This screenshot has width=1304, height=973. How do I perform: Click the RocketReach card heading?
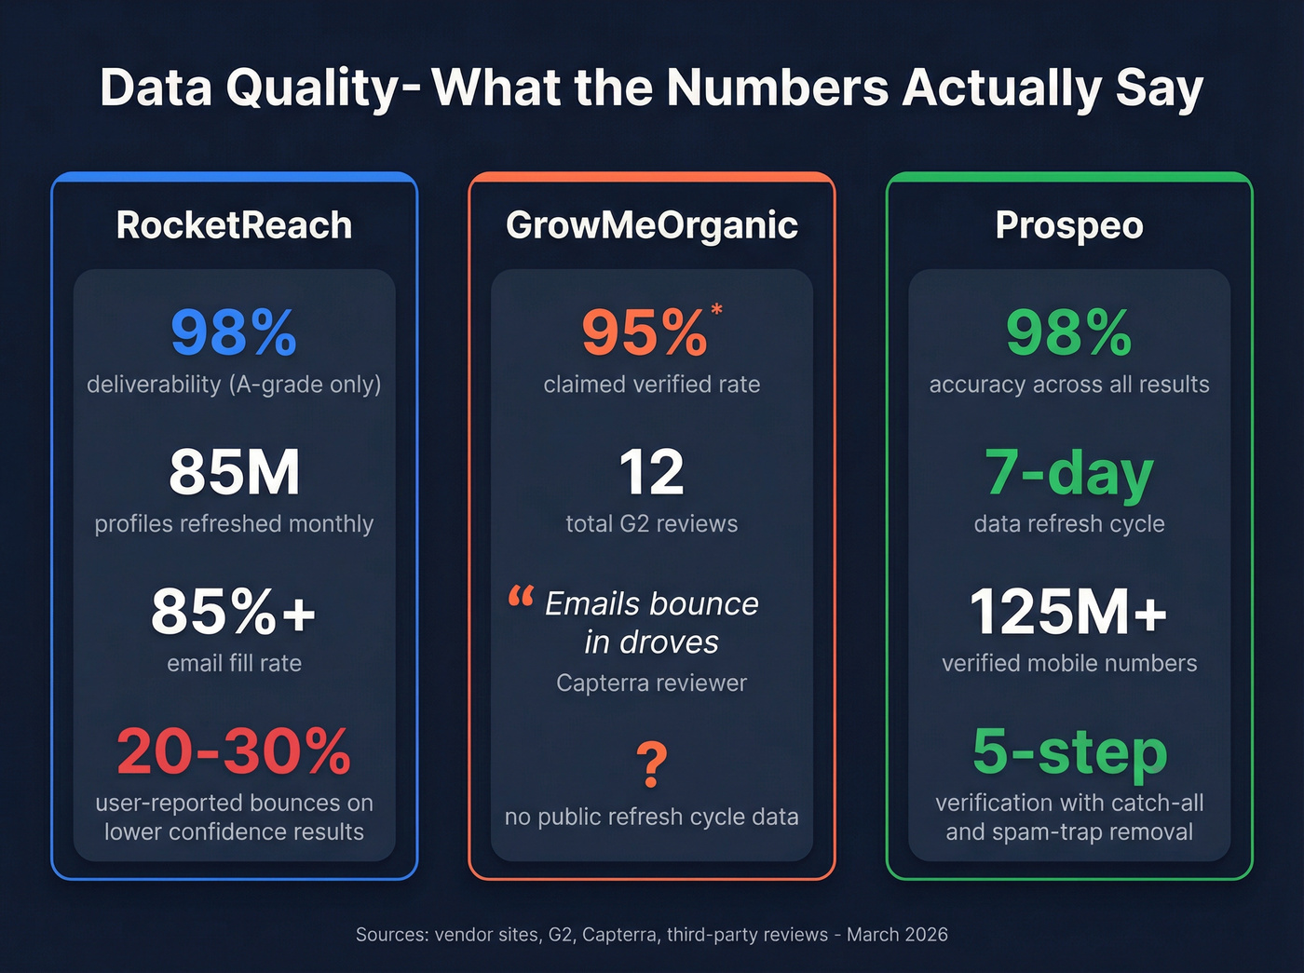click(x=234, y=225)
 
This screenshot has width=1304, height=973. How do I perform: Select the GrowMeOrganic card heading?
click(x=651, y=225)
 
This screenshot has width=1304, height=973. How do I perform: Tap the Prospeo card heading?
click(x=1068, y=225)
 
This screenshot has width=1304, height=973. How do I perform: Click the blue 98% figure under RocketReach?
click(x=234, y=332)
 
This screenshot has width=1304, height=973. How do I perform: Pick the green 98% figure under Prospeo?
click(x=1068, y=332)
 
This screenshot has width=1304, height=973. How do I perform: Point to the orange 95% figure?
click(x=645, y=332)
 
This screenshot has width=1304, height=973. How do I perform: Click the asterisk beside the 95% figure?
click(x=716, y=309)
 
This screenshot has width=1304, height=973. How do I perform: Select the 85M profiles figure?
click(x=234, y=472)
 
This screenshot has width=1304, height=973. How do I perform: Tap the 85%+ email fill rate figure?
click(x=234, y=612)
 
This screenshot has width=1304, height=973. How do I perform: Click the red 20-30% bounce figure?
click(x=234, y=751)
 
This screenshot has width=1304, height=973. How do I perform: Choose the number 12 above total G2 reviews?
click(x=651, y=472)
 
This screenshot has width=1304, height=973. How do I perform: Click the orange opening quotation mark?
click(x=521, y=596)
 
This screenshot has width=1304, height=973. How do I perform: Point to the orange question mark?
click(x=652, y=764)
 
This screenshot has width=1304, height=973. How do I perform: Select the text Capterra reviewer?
click(x=651, y=682)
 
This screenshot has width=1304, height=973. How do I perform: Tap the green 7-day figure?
click(x=1068, y=472)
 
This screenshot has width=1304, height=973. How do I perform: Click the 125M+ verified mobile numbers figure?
click(x=1068, y=612)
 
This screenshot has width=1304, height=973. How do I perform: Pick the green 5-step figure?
click(x=1068, y=751)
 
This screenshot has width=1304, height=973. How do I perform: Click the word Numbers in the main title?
click(x=778, y=88)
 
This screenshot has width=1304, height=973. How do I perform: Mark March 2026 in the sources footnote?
click(x=897, y=934)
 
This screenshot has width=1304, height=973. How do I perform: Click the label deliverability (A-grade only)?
click(x=234, y=385)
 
